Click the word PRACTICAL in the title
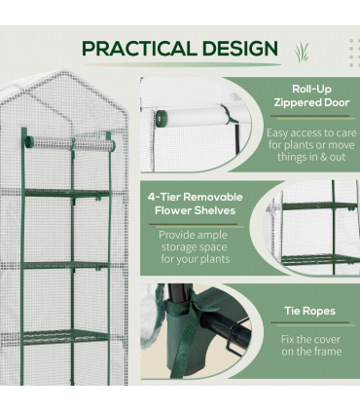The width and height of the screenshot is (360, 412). pos(139,49)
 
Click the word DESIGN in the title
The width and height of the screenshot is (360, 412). pos(240,49)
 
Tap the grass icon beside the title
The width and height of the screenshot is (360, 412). pos(302,52)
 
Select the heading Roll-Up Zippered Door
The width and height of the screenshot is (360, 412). pos(311,95)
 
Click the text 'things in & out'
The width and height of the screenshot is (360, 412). pos(311,157)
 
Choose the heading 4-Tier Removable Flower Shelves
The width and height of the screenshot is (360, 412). pos(195,204)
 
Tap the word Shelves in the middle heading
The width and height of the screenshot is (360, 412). pos(214,210)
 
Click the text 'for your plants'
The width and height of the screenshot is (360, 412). pos(196,259)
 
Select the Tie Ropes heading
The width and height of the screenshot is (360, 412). pos(310,311)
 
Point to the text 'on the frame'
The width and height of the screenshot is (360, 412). pos(311,352)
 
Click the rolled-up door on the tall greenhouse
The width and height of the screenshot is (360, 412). pos(70,143)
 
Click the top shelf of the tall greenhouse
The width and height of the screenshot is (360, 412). pos(67,193)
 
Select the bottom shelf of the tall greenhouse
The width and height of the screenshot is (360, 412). pos(66,337)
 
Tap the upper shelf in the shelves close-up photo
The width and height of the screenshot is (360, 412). pos(319,206)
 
